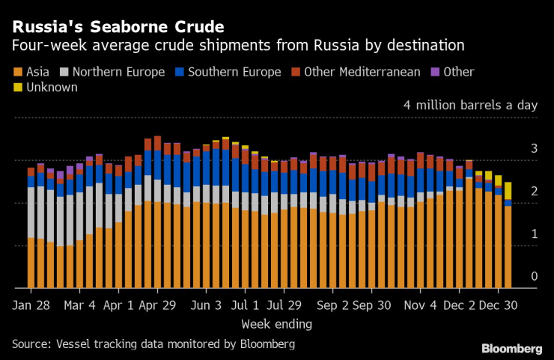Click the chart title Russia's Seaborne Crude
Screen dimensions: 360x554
click(x=118, y=27)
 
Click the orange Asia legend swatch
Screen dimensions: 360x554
click(x=17, y=73)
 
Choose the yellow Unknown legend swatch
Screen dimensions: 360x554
click(x=17, y=88)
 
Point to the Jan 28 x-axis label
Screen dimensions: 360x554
click(x=31, y=306)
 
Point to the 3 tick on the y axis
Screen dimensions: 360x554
click(x=534, y=150)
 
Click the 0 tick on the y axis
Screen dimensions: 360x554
click(x=534, y=277)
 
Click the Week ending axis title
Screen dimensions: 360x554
click(x=276, y=325)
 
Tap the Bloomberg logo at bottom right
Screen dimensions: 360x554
click(x=511, y=348)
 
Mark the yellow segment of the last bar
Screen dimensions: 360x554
click(x=508, y=191)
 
